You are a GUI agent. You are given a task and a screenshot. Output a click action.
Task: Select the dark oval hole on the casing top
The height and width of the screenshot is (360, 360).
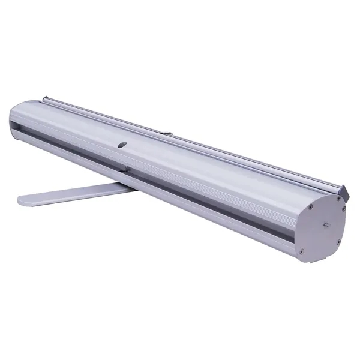(123, 144)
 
